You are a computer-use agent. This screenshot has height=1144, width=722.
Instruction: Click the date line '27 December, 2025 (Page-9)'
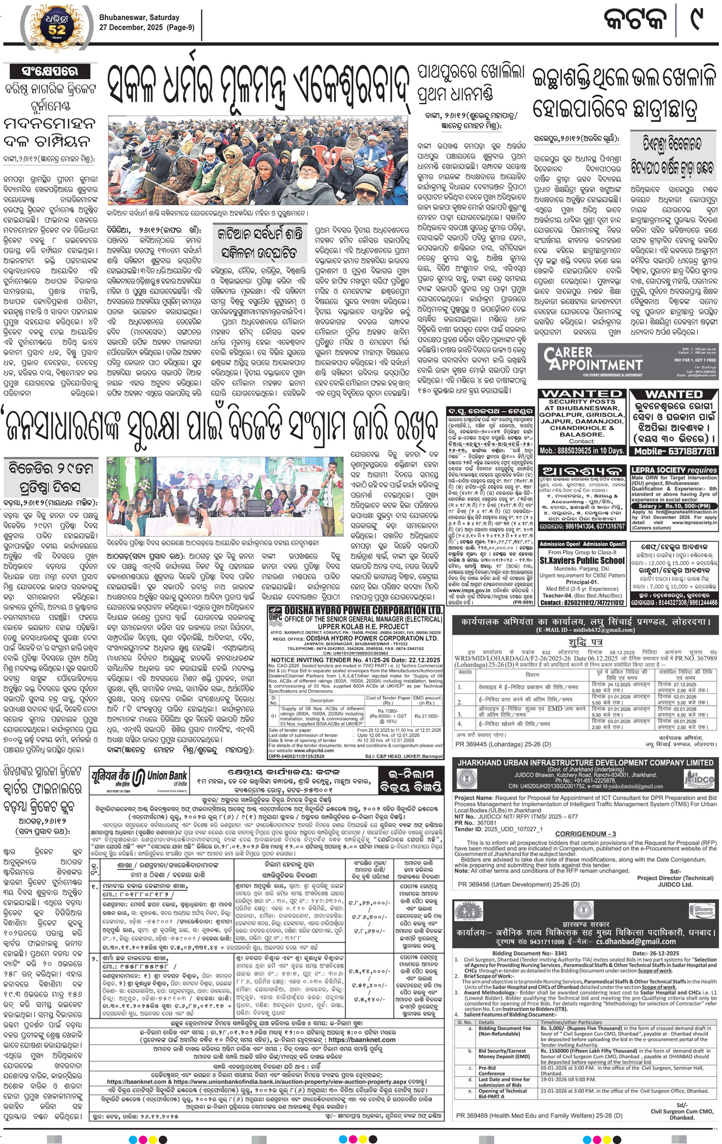tap(146, 27)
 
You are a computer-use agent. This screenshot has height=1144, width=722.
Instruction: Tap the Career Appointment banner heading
tap(592, 359)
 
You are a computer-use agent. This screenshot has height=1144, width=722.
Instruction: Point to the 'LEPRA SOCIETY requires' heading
tap(674, 470)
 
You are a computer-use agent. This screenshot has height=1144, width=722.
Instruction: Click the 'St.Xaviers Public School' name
tap(582, 561)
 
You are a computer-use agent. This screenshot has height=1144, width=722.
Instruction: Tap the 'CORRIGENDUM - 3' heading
tap(585, 833)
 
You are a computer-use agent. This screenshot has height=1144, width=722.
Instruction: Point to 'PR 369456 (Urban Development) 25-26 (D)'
tap(519, 884)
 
